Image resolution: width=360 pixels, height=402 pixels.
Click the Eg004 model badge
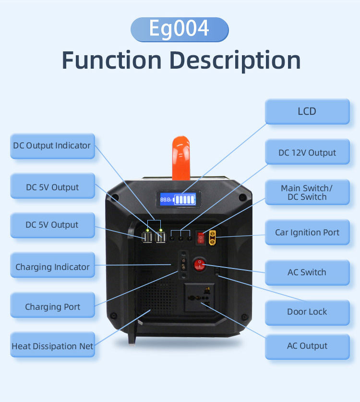click(180, 29)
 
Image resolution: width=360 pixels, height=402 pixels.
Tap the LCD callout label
click(307, 111)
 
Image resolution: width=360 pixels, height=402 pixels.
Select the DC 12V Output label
click(307, 153)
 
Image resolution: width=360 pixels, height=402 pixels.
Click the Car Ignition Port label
click(307, 232)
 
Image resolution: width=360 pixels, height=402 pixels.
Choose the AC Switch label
click(307, 272)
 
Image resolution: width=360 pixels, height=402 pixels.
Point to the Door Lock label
click(307, 312)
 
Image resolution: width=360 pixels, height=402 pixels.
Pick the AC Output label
click(307, 346)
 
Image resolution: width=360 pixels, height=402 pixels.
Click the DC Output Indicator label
click(52, 146)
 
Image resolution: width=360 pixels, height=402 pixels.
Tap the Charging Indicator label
click(52, 267)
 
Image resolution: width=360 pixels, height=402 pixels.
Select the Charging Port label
click(52, 307)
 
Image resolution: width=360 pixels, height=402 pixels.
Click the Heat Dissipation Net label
click(52, 346)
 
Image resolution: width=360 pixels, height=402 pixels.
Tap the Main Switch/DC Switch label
click(307, 193)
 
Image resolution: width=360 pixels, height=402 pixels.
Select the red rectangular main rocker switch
click(201, 236)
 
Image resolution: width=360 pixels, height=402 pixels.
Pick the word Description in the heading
click(236, 61)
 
